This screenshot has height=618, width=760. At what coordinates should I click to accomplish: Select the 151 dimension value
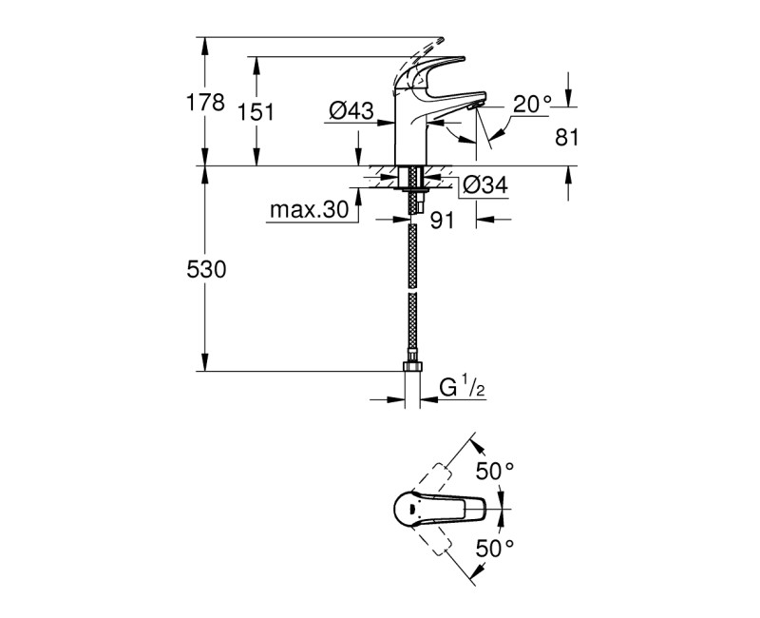coord(256,112)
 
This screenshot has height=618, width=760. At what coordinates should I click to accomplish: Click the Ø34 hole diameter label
coord(485,188)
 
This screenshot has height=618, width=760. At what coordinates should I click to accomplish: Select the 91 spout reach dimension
coord(442,221)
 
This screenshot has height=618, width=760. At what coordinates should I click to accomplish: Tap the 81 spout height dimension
coord(567,138)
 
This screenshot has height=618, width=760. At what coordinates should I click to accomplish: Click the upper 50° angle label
coord(494,471)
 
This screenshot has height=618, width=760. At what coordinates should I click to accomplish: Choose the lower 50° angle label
coord(494,549)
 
